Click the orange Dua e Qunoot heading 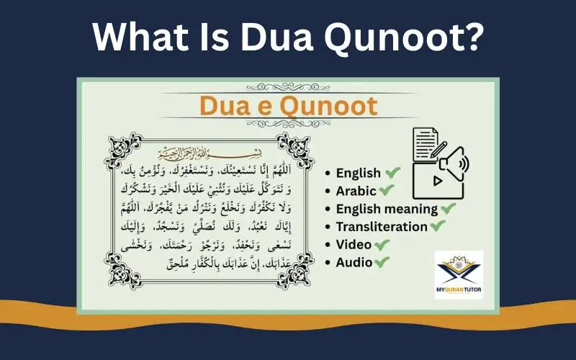click(x=288, y=105)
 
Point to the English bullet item click(x=359, y=173)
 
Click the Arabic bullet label click(x=356, y=191)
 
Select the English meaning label click(x=387, y=209)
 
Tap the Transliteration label click(x=382, y=227)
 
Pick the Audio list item click(x=354, y=263)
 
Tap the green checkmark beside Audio click(x=382, y=262)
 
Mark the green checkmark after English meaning click(x=449, y=208)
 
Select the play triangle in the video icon click(x=437, y=181)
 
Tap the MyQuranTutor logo click(x=459, y=275)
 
